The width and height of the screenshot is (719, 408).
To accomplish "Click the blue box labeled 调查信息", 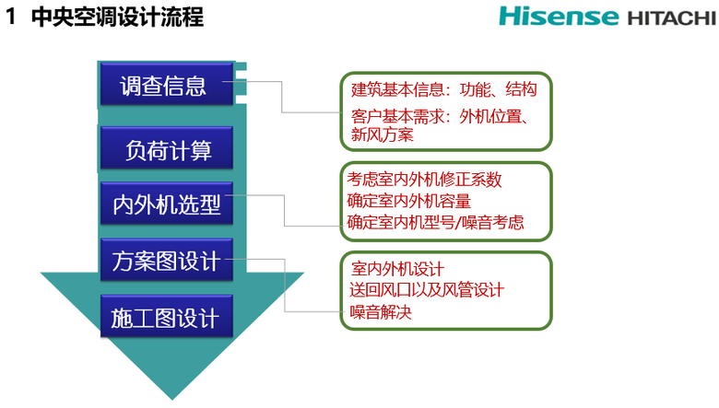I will pyautogui.click(x=165, y=86).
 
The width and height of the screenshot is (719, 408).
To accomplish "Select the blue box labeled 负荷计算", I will pyautogui.click(x=166, y=149).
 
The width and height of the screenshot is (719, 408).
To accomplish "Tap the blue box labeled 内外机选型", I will pyautogui.click(x=166, y=204).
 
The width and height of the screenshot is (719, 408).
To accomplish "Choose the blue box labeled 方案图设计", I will pyautogui.click(x=166, y=261).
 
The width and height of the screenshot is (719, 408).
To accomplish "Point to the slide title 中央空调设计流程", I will pyautogui.click(x=117, y=17).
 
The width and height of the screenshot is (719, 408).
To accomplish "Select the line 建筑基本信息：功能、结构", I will pyautogui.click(x=444, y=90).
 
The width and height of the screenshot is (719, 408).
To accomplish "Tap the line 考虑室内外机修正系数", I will pyautogui.click(x=424, y=179).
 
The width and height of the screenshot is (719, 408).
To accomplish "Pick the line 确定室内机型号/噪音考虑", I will pyautogui.click(x=436, y=222).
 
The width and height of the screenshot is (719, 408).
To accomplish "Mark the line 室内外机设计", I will pyautogui.click(x=398, y=269).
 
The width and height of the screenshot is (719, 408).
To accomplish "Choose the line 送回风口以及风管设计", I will pyautogui.click(x=427, y=290).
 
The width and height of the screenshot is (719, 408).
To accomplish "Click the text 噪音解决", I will pyautogui.click(x=382, y=312).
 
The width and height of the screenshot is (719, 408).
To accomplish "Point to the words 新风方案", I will pyautogui.click(x=383, y=134).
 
